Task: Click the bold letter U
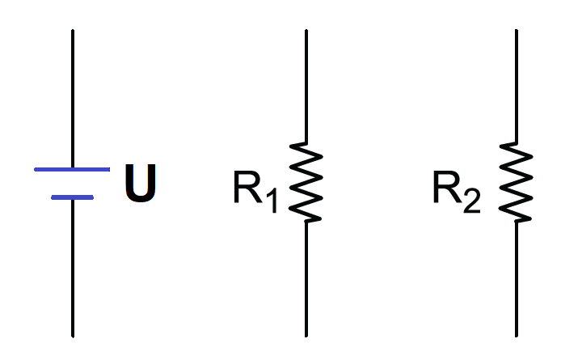(141, 183)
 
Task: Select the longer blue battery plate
(72, 169)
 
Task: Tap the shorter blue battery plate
(72, 197)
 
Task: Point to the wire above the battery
(73, 98)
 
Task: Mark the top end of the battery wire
(73, 30)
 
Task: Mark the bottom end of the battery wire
(73, 337)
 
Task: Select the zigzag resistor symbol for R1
(306, 182)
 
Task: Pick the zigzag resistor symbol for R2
(516, 182)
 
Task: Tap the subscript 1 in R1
(272, 201)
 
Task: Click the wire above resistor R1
(306, 86)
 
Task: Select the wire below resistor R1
(306, 279)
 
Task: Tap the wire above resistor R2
(517, 86)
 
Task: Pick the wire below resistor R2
(517, 279)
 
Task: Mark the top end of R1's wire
(306, 30)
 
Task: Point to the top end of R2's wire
(517, 30)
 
